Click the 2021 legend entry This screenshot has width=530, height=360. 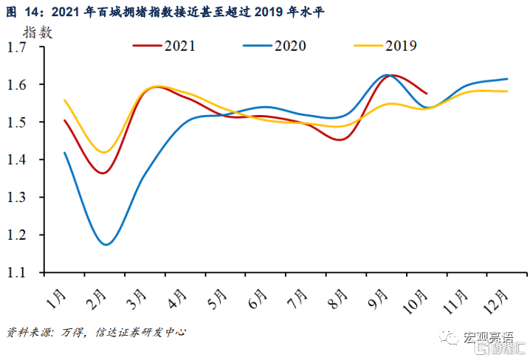164,46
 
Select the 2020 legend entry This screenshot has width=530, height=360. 274,46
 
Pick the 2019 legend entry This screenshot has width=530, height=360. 386,46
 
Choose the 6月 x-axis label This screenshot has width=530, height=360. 258,299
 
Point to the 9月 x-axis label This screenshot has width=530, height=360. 377,299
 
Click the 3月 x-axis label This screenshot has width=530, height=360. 137,299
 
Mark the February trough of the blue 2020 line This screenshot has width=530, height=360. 107,244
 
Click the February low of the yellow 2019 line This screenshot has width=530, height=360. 106,152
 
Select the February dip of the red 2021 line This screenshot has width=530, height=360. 104,173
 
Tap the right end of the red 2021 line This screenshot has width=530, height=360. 427,94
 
